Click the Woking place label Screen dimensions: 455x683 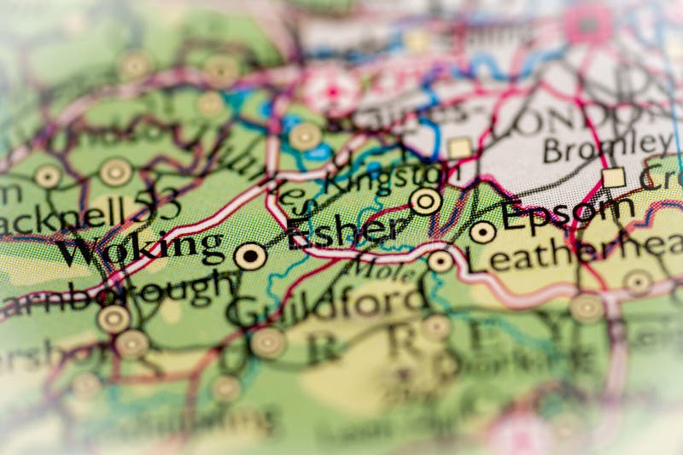tap(140, 248)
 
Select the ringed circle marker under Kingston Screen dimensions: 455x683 tap(425, 201)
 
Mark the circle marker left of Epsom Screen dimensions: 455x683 tap(482, 231)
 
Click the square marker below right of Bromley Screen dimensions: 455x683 tap(613, 177)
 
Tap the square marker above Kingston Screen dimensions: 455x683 tap(460, 148)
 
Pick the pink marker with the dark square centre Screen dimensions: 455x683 tap(587, 25)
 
